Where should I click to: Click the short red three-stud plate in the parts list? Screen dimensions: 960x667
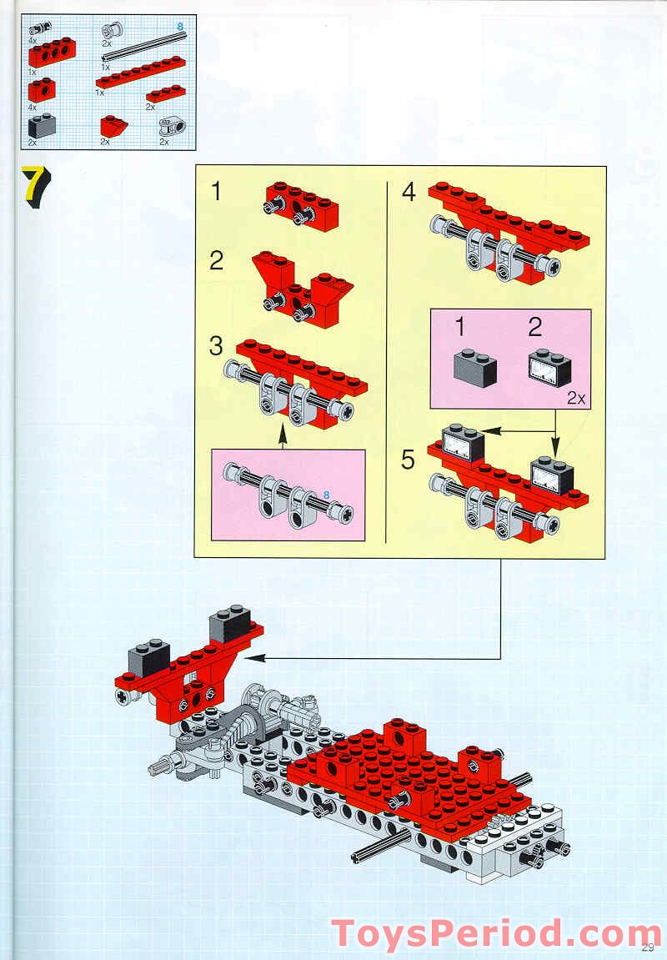pos(166,93)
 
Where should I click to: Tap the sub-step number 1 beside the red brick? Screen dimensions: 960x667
pos(217,192)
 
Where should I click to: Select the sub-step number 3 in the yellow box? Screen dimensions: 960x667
pos(217,345)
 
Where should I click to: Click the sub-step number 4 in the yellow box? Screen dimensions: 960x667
pos(409,192)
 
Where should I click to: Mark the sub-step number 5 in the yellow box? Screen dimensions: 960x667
pos(408,460)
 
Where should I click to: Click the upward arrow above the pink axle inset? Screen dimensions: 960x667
pos(282,435)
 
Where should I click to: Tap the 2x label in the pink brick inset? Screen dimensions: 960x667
pos(575,399)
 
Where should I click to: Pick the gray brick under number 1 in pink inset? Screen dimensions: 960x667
pos(473,367)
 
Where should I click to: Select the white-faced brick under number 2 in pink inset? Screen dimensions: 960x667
pos(551,367)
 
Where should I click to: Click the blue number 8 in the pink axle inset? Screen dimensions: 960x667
pos(326,495)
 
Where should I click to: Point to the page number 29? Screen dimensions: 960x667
pos(649,945)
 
